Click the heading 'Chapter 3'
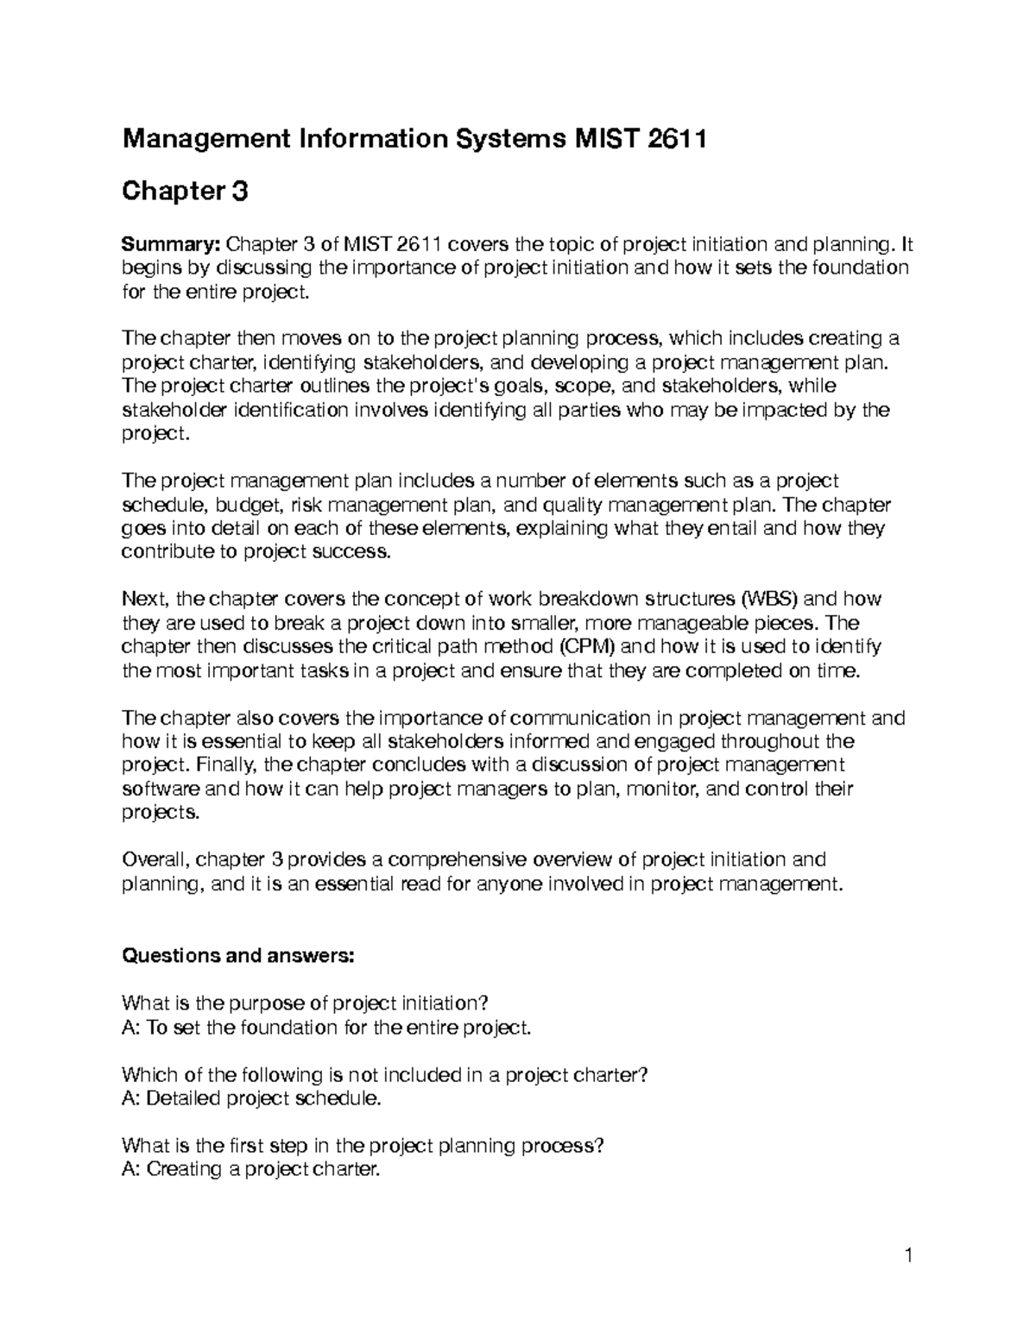coord(185,191)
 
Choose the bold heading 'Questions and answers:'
coord(238,955)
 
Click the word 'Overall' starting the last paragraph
coord(155,859)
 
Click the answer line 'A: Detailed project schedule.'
coord(251,1098)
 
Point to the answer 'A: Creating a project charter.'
coord(251,1170)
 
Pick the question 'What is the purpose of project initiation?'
coord(306,1003)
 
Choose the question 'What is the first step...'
coord(363,1146)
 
